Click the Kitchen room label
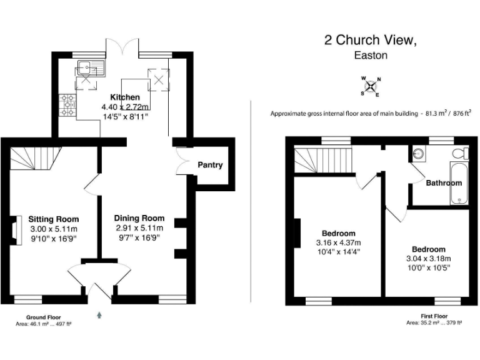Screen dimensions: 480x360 click(125, 97)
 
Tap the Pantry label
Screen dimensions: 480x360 click(210, 165)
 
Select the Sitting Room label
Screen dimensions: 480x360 click(54, 219)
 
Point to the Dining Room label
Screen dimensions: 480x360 click(139, 218)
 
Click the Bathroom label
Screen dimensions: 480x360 click(444, 183)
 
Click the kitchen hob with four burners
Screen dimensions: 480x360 click(67, 104)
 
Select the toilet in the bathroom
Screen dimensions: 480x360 click(461, 152)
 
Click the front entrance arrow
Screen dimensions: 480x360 click(99, 316)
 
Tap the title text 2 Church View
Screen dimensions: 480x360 click(369, 41)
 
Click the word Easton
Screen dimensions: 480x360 click(371, 55)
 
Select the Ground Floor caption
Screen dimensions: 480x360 click(43, 317)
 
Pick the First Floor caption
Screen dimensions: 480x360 click(434, 317)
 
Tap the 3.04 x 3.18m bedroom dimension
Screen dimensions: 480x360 click(429, 258)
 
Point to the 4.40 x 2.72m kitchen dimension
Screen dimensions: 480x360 click(125, 107)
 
